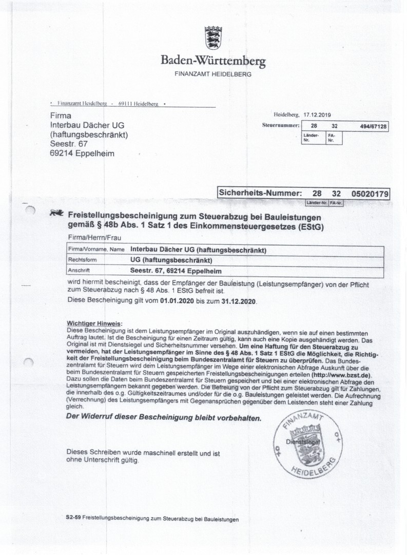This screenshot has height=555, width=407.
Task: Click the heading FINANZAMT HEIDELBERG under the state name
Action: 213,74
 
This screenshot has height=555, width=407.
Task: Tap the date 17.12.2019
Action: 318,116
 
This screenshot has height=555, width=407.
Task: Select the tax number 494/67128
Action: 372,126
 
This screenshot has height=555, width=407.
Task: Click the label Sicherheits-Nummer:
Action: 259,194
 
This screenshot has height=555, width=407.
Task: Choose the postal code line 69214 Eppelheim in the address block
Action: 83,153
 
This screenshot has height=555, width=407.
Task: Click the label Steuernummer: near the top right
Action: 278,125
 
